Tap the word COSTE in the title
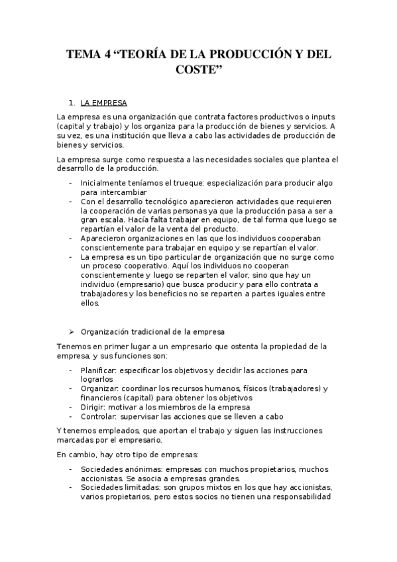[x=198, y=71]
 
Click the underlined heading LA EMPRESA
[x=104, y=103]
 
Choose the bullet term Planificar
[x=98, y=370]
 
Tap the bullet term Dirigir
[x=93, y=407]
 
